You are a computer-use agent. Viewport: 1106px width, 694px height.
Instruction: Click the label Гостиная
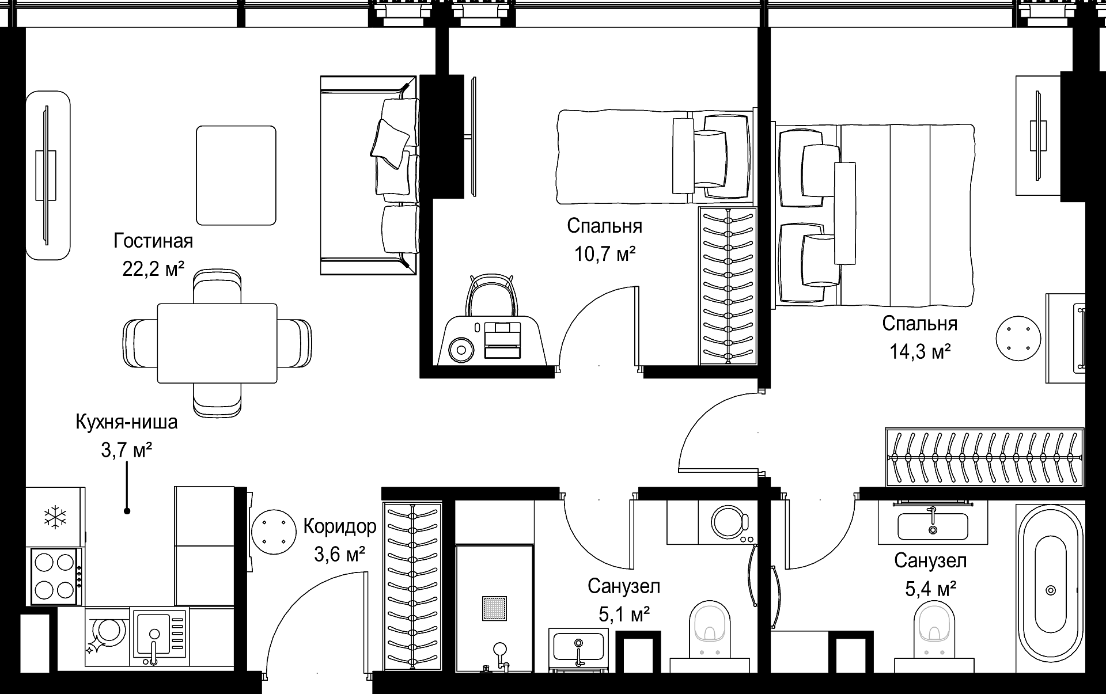point(153,241)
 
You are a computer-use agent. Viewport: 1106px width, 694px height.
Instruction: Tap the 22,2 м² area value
point(153,268)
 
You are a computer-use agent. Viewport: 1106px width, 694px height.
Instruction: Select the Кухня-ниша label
point(127,422)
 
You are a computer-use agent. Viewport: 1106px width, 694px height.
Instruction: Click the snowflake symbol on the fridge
point(55,517)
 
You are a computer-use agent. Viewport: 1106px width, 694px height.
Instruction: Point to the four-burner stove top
point(55,575)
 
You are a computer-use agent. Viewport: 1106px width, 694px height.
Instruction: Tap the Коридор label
point(340,526)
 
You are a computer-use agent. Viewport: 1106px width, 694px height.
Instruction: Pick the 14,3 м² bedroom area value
point(920,351)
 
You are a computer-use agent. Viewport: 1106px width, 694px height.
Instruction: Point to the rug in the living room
point(236,175)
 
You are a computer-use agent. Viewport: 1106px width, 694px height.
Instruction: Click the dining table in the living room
point(217,343)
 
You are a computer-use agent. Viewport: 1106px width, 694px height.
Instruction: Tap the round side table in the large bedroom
point(1018,339)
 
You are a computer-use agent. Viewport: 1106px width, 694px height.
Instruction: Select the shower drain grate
point(495,609)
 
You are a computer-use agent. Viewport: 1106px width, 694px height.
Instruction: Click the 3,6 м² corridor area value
point(340,554)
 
